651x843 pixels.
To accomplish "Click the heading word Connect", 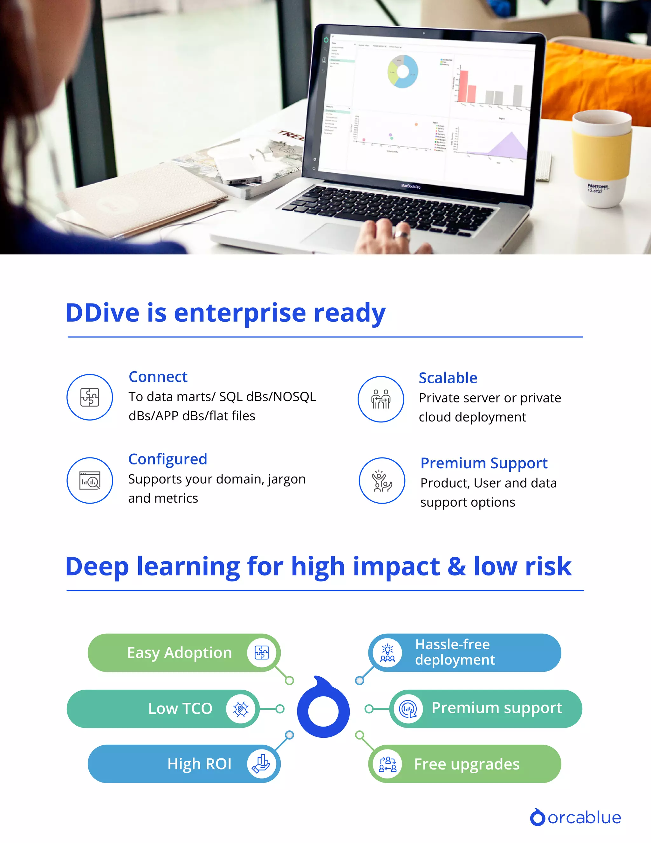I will [x=158, y=377].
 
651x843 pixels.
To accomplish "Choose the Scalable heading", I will [x=448, y=378].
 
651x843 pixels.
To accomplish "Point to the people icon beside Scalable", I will [x=380, y=399].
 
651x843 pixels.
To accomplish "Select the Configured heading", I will [x=168, y=459].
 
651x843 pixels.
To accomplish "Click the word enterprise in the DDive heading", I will [x=240, y=313].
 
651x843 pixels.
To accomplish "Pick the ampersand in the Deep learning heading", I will [x=457, y=567].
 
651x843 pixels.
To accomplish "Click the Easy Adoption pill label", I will [x=179, y=653].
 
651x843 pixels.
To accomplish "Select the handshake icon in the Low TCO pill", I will [x=241, y=709].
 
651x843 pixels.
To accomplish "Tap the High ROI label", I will [x=199, y=764].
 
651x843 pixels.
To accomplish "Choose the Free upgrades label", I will [x=467, y=764].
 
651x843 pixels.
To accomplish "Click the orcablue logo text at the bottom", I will [x=584, y=818].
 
